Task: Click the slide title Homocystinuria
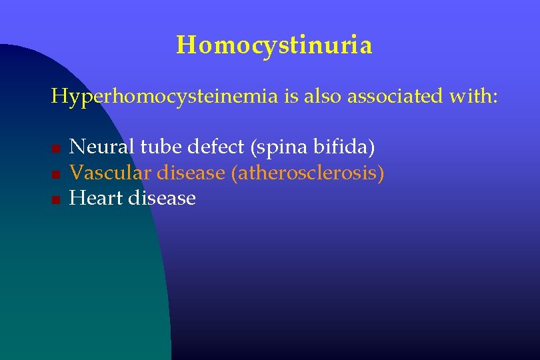coord(274,45)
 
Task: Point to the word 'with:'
coord(473,97)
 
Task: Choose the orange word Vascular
coord(111,173)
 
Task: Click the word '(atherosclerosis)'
coord(307,173)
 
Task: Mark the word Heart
coord(95,198)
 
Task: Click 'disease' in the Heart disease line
coord(162,198)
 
